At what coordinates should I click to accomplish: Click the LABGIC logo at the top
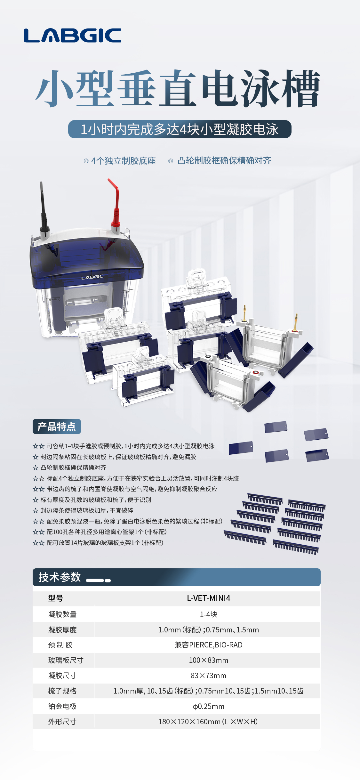coord(73,35)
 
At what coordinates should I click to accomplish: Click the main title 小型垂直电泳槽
coord(178,88)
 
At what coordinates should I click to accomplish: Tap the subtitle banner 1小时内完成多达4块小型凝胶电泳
coord(180,129)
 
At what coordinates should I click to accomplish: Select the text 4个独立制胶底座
coord(123,161)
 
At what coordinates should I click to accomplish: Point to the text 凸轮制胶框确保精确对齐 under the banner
coord(224,161)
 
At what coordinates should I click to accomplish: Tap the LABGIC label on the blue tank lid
coord(92,277)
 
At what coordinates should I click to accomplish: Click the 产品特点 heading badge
coord(57,427)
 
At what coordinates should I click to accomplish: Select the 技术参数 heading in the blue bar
coord(60,577)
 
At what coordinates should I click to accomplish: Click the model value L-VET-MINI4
coord(208,598)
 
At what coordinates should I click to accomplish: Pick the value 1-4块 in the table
coord(208,614)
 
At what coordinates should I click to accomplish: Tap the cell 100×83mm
coord(208,660)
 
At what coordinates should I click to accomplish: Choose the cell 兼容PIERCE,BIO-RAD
coord(208,645)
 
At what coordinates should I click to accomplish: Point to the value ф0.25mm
coord(208,706)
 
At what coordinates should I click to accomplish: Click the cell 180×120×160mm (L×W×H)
coord(208,722)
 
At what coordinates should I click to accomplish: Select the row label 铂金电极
coord(62,706)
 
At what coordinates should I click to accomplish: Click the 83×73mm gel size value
coord(208,676)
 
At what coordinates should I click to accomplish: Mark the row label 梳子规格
coord(62,691)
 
